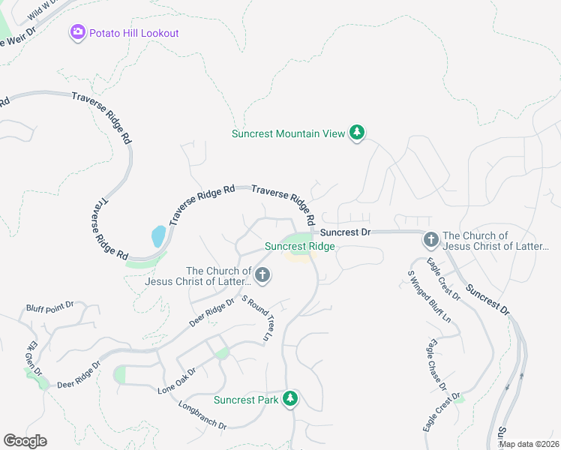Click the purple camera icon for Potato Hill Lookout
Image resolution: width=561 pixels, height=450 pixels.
pos(77,33)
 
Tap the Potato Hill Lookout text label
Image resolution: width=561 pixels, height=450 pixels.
pos(133,33)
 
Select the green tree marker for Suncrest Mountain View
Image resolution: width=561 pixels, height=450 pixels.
pos(358,133)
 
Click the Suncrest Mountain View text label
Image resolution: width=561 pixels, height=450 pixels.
pos(288,133)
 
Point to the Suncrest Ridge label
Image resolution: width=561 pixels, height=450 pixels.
pos(300,246)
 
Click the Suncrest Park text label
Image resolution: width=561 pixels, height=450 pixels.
pos(246,400)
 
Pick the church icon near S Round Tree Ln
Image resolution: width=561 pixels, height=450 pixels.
pos(262,276)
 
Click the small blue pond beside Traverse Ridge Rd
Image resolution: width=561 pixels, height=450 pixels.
pos(158,236)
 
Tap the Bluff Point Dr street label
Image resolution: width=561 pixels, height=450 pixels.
pos(49,306)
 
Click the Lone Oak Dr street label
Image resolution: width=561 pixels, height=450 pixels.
pos(177,380)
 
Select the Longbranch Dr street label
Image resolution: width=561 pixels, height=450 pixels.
pos(202,415)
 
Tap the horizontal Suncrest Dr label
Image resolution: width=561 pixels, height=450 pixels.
pos(346,232)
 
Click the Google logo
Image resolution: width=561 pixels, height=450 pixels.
pos(25,441)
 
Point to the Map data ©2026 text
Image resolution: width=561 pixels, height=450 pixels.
pos(529,444)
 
